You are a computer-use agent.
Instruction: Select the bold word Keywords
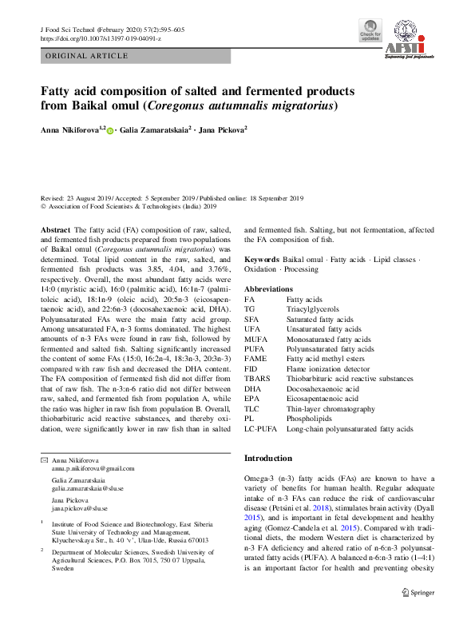tap(261, 260)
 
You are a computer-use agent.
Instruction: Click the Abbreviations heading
tap(268, 288)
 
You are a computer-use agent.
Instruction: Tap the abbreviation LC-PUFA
tap(262, 429)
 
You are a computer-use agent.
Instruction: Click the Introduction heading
tap(268, 458)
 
